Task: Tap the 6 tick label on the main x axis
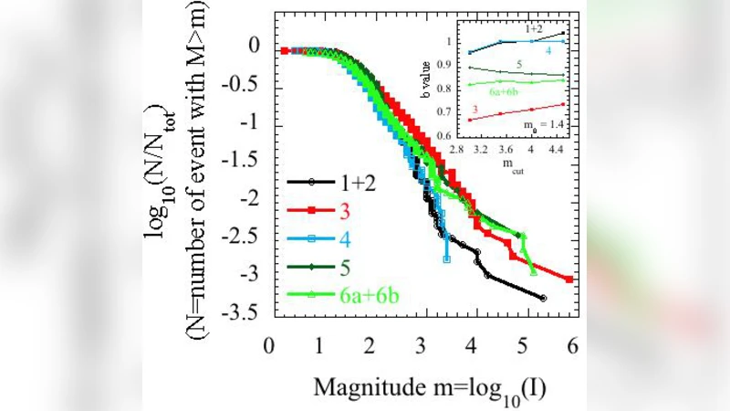pos(572,346)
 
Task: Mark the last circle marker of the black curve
pos(544,299)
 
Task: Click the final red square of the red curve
pos(570,279)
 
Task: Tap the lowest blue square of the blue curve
pos(446,259)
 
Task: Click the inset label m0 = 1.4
pos(544,121)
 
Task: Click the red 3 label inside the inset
pos(474,108)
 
